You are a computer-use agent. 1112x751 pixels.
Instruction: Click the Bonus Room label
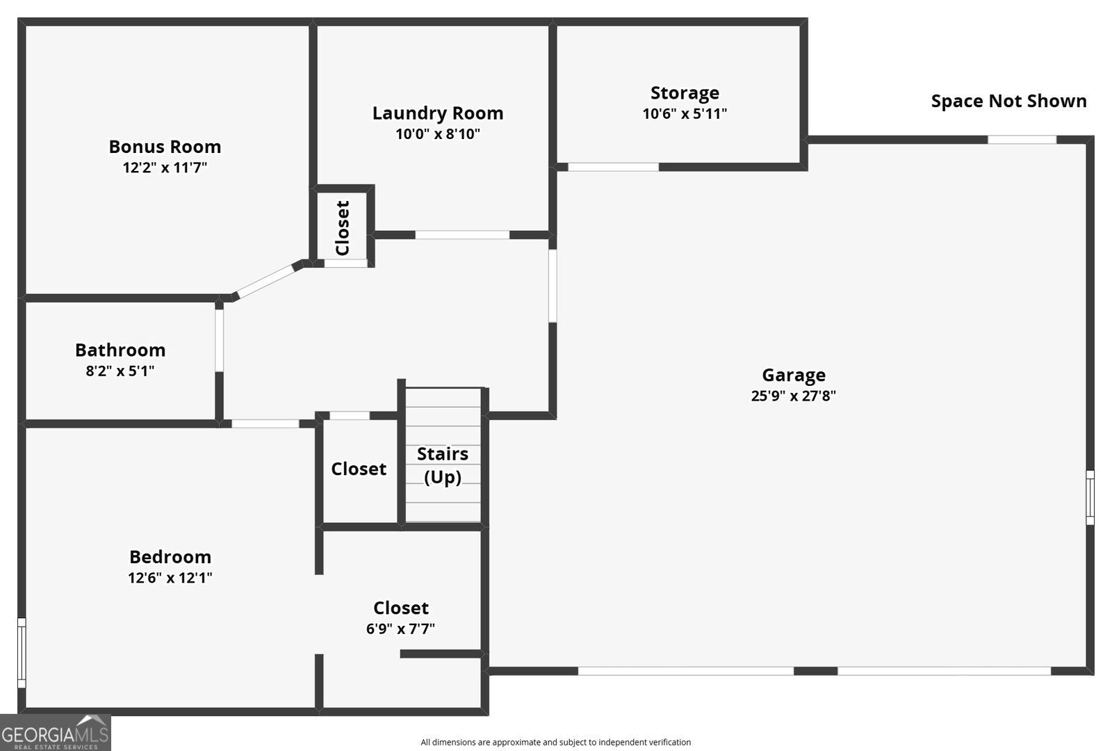(165, 147)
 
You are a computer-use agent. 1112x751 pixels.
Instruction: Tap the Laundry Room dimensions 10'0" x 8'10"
(437, 134)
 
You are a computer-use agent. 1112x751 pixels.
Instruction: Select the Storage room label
(685, 93)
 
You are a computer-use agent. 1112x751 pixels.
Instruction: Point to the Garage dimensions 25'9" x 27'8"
(793, 396)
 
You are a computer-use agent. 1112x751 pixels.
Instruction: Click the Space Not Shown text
(1008, 102)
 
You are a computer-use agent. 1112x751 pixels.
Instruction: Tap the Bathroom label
(120, 350)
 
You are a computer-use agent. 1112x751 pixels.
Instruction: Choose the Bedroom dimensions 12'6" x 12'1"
(170, 578)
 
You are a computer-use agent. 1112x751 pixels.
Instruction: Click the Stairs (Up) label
(442, 465)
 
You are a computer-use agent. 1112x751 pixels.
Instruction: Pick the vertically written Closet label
(343, 228)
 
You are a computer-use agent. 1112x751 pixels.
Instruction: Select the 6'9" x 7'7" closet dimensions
(400, 629)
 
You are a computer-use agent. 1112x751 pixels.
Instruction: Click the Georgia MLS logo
(55, 733)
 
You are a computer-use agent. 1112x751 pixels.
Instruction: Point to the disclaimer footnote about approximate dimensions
(555, 742)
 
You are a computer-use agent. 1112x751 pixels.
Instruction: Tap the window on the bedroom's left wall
(22, 653)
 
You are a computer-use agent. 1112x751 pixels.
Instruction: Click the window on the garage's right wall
(1090, 498)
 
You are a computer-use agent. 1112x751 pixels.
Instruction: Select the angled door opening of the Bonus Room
(265, 281)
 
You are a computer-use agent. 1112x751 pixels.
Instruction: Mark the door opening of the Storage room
(613, 168)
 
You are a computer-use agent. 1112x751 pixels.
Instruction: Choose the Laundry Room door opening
(462, 235)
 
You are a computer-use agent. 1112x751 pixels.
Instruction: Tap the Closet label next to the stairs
(359, 469)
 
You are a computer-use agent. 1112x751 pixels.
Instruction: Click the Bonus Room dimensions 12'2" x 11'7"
(165, 168)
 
